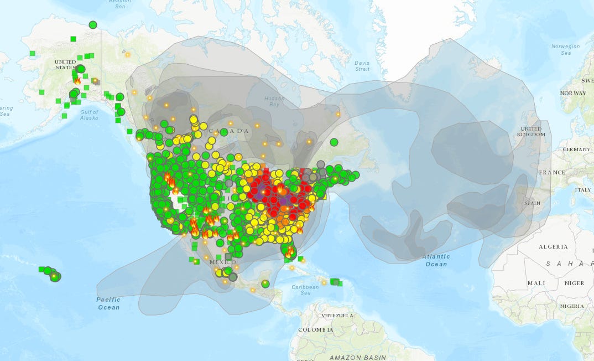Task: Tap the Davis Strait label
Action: click(x=362, y=66)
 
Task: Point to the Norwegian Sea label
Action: click(x=565, y=50)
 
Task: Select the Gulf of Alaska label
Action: click(x=88, y=115)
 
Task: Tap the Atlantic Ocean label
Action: click(x=436, y=260)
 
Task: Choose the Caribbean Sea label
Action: click(x=305, y=290)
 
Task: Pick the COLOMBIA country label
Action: click(x=315, y=330)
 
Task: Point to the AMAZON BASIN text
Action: click(x=358, y=358)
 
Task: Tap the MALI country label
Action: click(x=536, y=283)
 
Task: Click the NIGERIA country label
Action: click(x=571, y=306)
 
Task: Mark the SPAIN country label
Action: click(x=532, y=203)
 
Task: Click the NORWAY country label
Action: click(x=573, y=93)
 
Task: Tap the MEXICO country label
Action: click(x=222, y=262)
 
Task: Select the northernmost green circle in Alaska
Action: click(x=93, y=25)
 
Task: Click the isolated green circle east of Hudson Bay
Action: click(x=334, y=142)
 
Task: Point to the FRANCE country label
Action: click(x=552, y=172)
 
